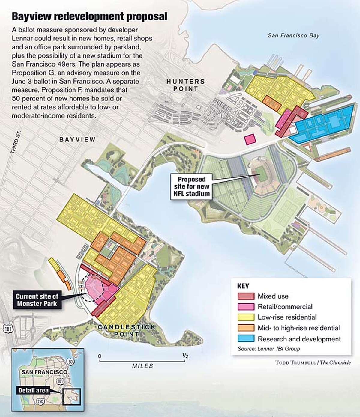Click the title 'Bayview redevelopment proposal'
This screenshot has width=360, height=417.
[89, 17]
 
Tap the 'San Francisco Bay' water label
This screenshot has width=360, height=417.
[293, 36]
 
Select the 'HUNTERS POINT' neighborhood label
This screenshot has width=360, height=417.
[186, 85]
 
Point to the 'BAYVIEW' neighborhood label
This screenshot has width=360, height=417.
[77, 139]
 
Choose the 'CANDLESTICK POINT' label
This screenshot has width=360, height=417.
[127, 330]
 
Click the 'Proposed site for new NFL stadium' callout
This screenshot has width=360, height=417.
[192, 186]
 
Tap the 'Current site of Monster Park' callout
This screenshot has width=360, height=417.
[37, 299]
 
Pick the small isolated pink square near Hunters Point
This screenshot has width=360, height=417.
[250, 139]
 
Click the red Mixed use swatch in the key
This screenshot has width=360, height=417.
[246, 296]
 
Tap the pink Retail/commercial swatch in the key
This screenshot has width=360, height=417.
[246, 307]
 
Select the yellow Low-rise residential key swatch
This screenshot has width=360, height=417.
[246, 317]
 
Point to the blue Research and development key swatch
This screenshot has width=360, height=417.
[246, 339]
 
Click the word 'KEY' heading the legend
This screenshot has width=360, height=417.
[243, 286]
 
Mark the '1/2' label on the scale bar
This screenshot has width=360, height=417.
[185, 356]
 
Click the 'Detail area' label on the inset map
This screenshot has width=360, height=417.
[33, 390]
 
